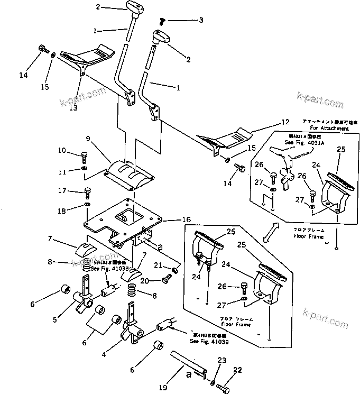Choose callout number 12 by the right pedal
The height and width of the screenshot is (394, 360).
tap(285, 122)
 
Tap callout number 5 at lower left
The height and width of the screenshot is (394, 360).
tap(55, 319)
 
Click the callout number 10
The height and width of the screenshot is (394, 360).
tap(62, 151)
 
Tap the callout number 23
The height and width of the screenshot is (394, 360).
tap(220, 361)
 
